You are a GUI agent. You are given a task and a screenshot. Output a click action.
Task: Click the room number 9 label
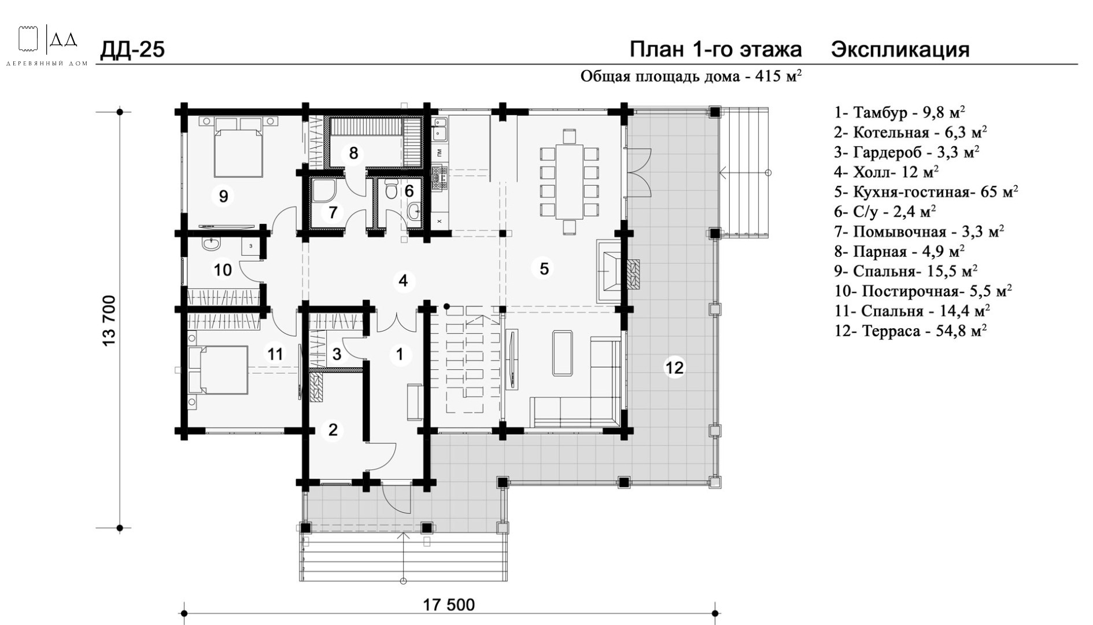pos(223,196)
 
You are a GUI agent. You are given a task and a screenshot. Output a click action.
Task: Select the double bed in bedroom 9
pos(238,147)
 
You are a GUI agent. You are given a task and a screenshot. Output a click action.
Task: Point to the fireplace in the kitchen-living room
pos(614,271)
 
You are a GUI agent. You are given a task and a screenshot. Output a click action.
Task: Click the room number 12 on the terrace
pos(674,367)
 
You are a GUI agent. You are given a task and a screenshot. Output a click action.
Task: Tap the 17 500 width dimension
pos(449,605)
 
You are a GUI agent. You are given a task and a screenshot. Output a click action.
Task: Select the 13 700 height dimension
pos(109,321)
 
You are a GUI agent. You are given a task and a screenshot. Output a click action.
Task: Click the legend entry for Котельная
pos(910,133)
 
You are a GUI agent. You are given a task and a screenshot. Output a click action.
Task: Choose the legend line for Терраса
pos(910,331)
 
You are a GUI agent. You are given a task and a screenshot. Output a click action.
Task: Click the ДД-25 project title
pos(132,50)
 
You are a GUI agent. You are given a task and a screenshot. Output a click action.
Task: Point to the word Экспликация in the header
pos(900,50)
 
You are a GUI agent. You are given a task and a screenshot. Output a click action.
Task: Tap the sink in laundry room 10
pos(211,244)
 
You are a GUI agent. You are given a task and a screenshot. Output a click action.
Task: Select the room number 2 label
pos(333,430)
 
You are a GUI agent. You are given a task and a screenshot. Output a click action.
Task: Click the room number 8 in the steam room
pos(353,153)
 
